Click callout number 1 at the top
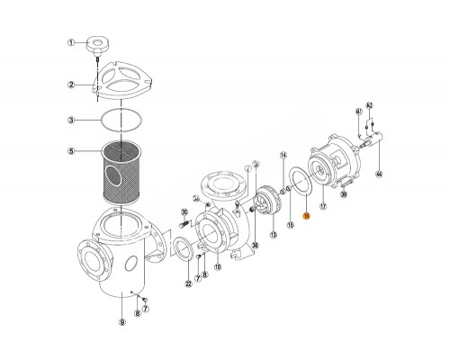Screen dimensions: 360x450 pyautogui.click(x=69, y=42)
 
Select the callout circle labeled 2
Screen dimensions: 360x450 pyautogui.click(x=69, y=85)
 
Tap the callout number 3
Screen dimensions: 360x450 pyautogui.click(x=69, y=119)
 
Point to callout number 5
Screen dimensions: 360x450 pyautogui.click(x=69, y=151)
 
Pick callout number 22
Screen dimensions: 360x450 pyautogui.click(x=188, y=283)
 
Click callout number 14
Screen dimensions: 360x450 pyautogui.click(x=282, y=156)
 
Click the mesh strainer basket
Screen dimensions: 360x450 pyautogui.click(x=123, y=171)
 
